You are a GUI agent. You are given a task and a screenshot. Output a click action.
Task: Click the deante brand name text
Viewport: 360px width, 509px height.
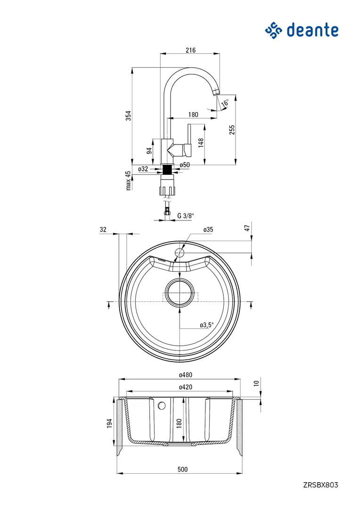[x=312, y=30]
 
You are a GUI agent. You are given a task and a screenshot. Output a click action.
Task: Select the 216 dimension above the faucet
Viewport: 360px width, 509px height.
[x=191, y=50]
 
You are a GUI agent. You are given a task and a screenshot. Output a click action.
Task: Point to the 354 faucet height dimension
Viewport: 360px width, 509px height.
[x=129, y=115]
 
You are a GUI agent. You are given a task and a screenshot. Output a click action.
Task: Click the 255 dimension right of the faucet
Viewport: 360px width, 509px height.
[x=232, y=130]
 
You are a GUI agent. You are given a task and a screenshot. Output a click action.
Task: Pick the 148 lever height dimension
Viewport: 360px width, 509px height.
[x=201, y=143]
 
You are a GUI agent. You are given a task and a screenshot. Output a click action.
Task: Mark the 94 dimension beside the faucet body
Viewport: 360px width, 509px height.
[x=149, y=151]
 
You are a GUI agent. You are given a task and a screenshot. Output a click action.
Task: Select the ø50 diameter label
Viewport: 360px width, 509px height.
[x=185, y=165]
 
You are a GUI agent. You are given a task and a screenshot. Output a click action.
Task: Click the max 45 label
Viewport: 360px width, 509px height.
[x=128, y=180]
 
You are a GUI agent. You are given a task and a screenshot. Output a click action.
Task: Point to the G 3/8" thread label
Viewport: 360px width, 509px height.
[x=186, y=216]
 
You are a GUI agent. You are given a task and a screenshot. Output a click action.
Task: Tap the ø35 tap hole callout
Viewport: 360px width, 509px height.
[x=208, y=229]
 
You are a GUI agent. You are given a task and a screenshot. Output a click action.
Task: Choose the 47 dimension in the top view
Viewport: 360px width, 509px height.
[x=247, y=228]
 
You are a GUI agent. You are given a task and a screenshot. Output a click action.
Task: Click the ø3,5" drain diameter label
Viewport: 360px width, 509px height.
[x=207, y=324]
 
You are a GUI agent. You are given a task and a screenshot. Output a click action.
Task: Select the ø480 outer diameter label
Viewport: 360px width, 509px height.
[x=186, y=375]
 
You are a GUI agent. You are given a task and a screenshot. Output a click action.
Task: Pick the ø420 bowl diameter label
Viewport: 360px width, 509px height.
[x=186, y=387]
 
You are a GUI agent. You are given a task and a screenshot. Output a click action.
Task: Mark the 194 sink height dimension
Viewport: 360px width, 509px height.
[x=109, y=423]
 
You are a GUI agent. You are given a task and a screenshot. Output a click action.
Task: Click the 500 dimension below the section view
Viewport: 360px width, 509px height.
[x=183, y=469]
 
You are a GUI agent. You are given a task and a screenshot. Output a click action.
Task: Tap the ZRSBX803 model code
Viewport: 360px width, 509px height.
[x=321, y=485]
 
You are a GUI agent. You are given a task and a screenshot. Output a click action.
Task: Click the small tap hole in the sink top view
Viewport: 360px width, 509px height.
[x=180, y=252]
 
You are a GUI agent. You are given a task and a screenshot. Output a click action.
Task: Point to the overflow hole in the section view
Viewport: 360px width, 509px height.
[x=162, y=405]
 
